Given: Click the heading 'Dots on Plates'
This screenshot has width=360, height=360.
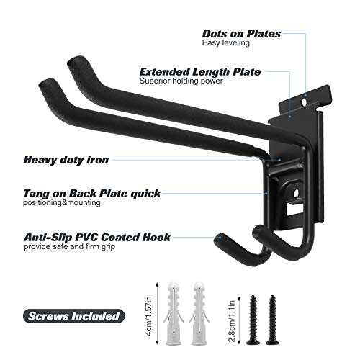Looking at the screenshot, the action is (241, 34).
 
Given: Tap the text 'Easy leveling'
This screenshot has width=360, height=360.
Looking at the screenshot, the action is (226, 43).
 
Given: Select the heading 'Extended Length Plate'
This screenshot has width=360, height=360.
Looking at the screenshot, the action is (200, 72).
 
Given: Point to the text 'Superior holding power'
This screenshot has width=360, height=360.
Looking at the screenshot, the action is (181, 81).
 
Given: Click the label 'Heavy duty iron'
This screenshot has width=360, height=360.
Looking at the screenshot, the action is (66, 160).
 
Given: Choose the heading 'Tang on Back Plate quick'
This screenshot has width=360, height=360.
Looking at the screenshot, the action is (92, 194).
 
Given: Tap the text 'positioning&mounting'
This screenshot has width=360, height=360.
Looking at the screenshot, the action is (62, 203).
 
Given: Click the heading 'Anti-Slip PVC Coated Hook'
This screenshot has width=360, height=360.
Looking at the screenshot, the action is (97, 238).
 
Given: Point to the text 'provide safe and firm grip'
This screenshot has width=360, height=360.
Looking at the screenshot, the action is (69, 246).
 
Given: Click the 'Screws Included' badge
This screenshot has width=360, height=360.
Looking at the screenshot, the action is (73, 316).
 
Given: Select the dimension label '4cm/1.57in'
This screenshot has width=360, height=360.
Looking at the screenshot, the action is (149, 316).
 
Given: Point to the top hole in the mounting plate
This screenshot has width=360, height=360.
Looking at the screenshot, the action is (305, 102).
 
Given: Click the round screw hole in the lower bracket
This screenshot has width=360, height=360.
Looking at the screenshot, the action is (296, 193).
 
